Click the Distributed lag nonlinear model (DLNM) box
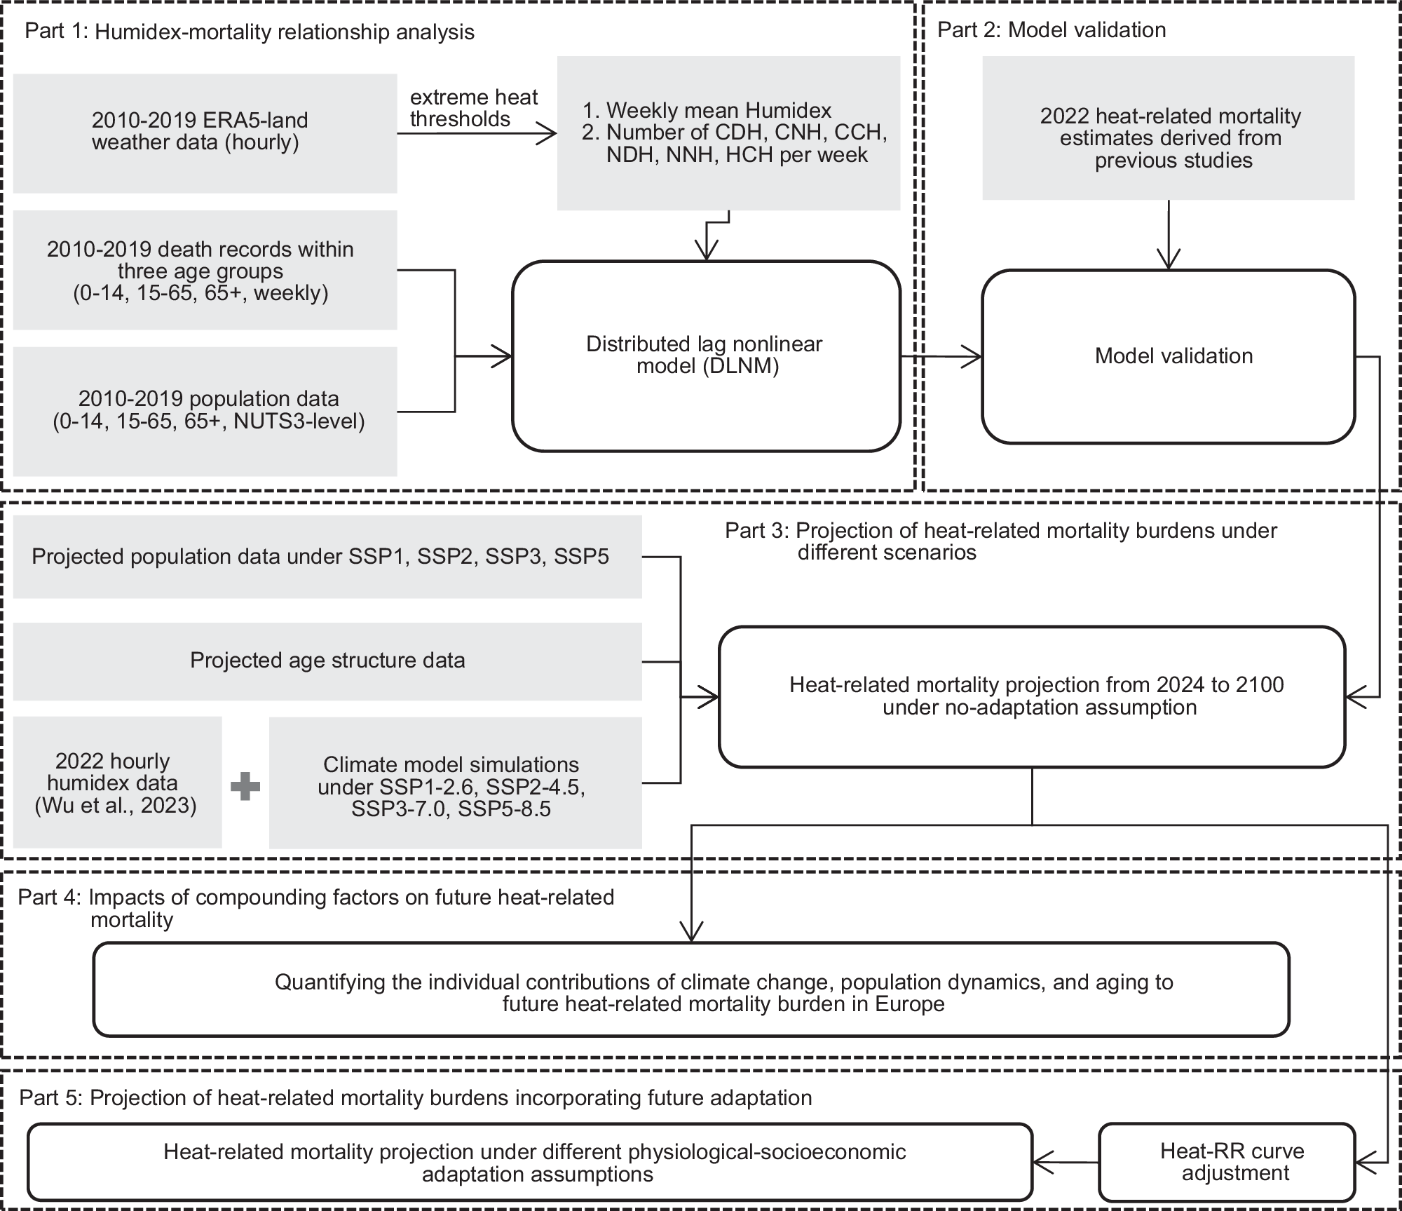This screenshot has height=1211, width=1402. click(x=706, y=356)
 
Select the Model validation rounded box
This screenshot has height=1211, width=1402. click(x=1168, y=356)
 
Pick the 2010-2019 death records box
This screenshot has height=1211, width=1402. click(x=205, y=270)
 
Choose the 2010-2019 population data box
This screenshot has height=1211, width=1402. click(x=205, y=411)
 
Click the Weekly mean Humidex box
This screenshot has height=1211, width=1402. click(x=728, y=133)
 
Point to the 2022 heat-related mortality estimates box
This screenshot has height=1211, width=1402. click(x=1168, y=128)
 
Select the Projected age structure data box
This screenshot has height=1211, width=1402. click(x=327, y=661)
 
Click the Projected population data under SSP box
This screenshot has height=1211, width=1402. click(x=327, y=557)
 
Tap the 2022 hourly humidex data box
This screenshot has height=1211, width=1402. click(x=117, y=783)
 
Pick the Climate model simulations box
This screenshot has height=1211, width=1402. click(x=456, y=783)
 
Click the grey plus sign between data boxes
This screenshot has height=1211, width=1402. click(x=245, y=787)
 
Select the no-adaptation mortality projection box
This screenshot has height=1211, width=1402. click(x=1032, y=696)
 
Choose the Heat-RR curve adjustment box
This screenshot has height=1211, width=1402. click(x=1227, y=1162)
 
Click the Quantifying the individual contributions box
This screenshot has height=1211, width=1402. click(x=691, y=989)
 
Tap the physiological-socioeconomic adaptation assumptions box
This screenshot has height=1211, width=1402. click(x=530, y=1162)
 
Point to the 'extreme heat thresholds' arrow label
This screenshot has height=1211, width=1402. click(x=474, y=108)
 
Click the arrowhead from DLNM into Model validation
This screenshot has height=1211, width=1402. click(x=973, y=357)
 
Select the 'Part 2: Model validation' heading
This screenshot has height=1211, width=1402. click(x=1051, y=29)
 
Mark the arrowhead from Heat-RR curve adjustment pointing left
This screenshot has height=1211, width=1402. click(x=1043, y=1162)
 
